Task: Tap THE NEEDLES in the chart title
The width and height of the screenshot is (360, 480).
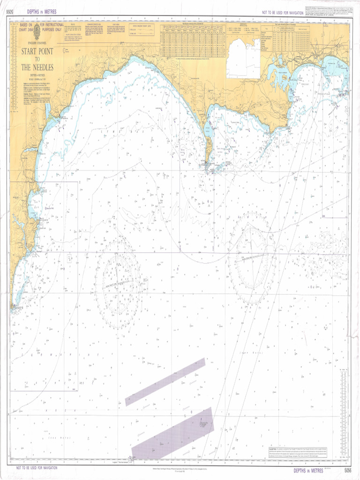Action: click(x=37, y=67)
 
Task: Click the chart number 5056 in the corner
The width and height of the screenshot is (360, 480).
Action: click(x=347, y=470)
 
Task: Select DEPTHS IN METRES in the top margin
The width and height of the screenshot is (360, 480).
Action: click(x=42, y=12)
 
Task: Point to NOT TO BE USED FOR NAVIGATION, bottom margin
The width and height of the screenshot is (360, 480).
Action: click(x=37, y=468)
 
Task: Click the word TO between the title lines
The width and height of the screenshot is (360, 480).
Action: click(x=37, y=59)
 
